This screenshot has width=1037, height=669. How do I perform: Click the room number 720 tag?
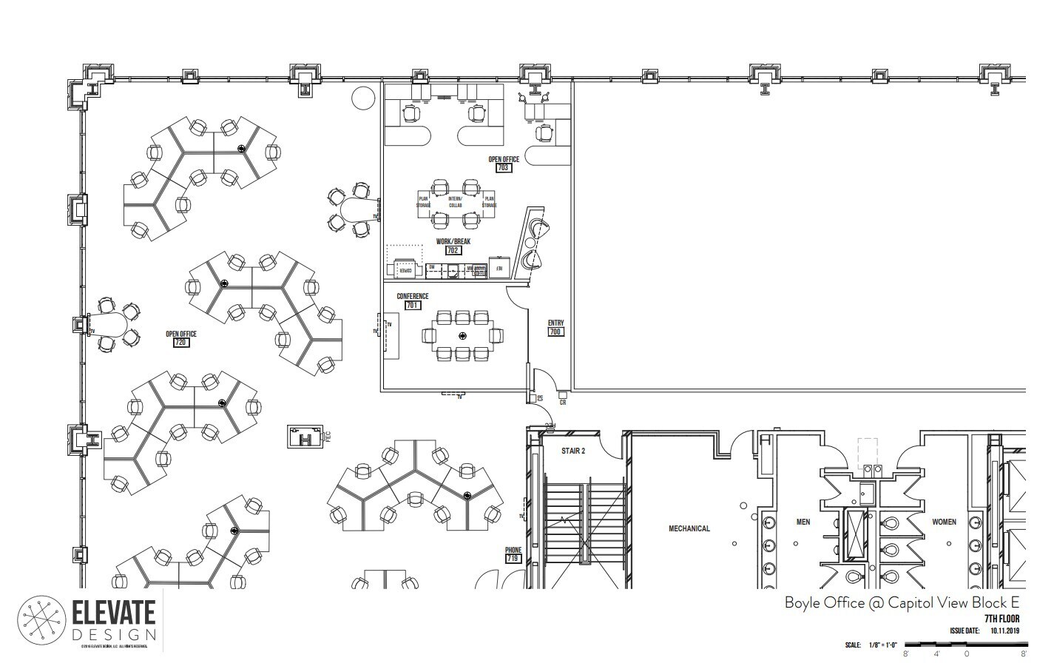[180, 343]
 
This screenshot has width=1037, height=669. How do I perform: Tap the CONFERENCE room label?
[412, 297]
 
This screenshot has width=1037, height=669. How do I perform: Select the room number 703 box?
[504, 168]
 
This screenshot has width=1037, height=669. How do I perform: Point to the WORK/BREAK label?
[453, 241]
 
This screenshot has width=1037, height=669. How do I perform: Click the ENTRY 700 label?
[555, 327]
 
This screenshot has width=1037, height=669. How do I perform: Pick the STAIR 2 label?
[572, 450]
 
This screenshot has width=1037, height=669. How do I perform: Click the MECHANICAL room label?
[689, 528]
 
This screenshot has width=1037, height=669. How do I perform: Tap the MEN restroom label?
[803, 522]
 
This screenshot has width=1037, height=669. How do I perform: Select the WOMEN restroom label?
[943, 522]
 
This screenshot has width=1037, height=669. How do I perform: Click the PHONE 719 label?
[513, 554]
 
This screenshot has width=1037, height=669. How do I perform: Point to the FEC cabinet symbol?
[305, 437]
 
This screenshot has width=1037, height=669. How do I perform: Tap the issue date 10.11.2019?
[1004, 631]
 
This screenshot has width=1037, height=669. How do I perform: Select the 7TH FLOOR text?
[1001, 619]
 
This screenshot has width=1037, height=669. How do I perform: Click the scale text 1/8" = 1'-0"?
[880, 645]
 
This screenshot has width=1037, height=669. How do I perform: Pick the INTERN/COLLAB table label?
[454, 201]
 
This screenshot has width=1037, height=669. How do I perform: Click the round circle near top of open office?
[363, 97]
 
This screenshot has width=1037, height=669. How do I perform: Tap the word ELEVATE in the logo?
[114, 613]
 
